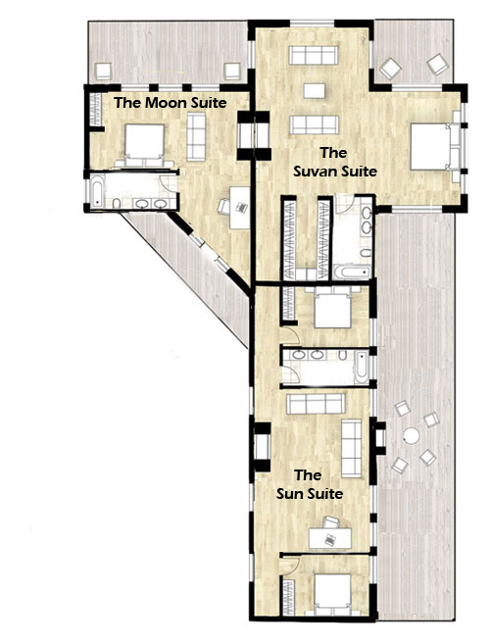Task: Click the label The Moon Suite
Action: pyautogui.click(x=171, y=103)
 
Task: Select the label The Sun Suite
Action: pyautogui.click(x=309, y=484)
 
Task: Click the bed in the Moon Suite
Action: pyautogui.click(x=144, y=144)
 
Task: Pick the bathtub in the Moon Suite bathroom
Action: pyautogui.click(x=97, y=192)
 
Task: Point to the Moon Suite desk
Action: pyautogui.click(x=239, y=208)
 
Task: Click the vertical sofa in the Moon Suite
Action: pyautogui.click(x=196, y=137)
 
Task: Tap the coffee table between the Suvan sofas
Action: pyautogui.click(x=315, y=91)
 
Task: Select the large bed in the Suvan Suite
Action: pyautogui.click(x=435, y=146)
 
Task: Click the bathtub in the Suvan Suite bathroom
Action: pyautogui.click(x=352, y=272)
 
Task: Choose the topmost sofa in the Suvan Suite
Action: pyautogui.click(x=314, y=55)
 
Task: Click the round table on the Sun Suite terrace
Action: pyautogui.click(x=411, y=435)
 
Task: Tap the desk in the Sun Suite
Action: pyautogui.click(x=330, y=538)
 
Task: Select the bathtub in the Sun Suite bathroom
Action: pyautogui.click(x=362, y=367)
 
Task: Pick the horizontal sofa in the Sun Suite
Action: pyautogui.click(x=316, y=404)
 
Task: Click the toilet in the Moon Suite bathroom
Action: pyautogui.click(x=117, y=204)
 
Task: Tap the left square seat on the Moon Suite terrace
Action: pyautogui.click(x=103, y=71)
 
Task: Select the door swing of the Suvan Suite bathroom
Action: pyautogui.click(x=344, y=205)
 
